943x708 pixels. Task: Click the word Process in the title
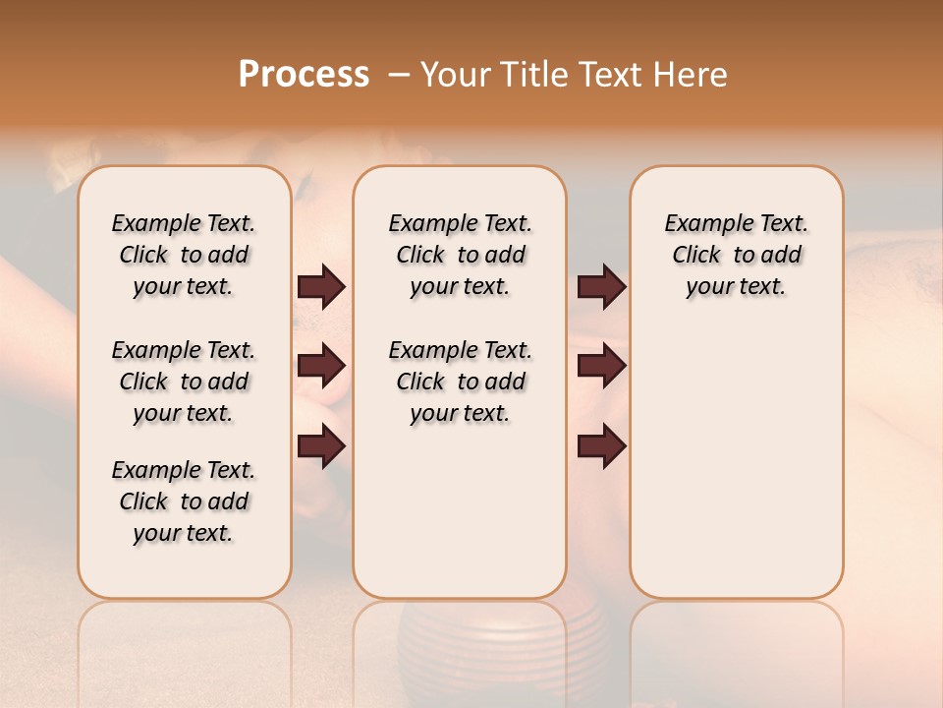[x=304, y=75]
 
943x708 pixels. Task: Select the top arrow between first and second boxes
[x=321, y=287]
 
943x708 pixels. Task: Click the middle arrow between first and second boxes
[x=321, y=367]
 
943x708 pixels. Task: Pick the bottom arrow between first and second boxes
[x=321, y=447]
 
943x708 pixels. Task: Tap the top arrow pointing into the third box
[x=601, y=287]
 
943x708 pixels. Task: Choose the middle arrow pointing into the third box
[x=601, y=367]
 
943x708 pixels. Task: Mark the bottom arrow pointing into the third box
[x=601, y=447]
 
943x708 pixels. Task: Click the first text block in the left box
[x=184, y=255]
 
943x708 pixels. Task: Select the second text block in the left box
[x=184, y=382]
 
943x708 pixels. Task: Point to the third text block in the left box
[x=184, y=501]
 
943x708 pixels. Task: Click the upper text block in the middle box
[x=460, y=255]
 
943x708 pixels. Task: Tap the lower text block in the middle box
[x=460, y=382]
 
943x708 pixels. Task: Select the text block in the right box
[x=736, y=255]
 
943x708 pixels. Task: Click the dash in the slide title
[x=399, y=75]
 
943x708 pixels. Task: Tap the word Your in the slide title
[x=453, y=75]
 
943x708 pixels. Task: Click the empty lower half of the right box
[x=736, y=472]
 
